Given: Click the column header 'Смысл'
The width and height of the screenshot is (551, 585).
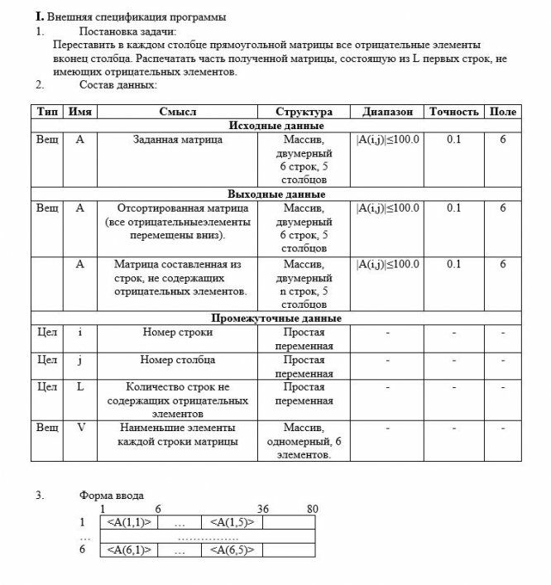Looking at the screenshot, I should [x=177, y=112].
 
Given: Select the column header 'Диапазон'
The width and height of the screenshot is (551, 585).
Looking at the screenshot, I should [x=386, y=112].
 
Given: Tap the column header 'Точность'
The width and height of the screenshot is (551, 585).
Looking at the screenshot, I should [x=453, y=112].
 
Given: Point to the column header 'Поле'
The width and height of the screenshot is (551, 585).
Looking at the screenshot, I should [x=502, y=112].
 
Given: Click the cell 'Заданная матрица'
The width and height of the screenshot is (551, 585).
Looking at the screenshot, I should [x=177, y=140].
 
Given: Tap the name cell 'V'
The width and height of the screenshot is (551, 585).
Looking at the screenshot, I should [x=80, y=428].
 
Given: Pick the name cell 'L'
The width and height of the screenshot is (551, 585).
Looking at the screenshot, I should [x=80, y=386].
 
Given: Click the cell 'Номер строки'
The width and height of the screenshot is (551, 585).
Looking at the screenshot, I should [x=177, y=332].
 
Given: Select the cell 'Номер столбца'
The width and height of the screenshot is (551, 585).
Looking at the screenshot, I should [x=177, y=360].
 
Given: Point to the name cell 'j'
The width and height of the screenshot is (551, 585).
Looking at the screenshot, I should [x=80, y=360].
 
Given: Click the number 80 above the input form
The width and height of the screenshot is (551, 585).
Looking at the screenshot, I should [x=312, y=509].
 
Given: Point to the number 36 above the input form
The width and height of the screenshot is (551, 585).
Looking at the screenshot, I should [x=263, y=509].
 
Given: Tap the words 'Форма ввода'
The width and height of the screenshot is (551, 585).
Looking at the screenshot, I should [x=112, y=496].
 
